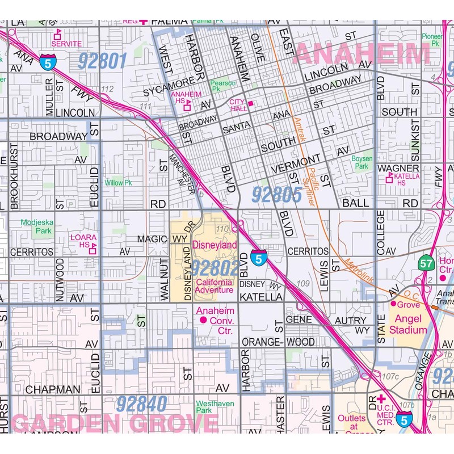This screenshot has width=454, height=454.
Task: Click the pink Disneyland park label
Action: pos(215,245)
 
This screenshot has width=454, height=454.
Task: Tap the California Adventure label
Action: pos(214,286)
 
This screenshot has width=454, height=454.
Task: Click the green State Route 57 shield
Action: pos(427,263)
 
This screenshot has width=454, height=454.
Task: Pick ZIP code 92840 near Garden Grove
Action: pos(142,404)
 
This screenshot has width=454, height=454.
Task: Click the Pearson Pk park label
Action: pos(223,86)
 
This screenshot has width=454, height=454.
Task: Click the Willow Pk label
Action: pos(118,183)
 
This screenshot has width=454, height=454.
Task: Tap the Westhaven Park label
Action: pos(215,406)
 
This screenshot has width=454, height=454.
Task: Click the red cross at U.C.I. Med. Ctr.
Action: pos(381,398)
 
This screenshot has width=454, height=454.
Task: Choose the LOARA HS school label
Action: pos(81,241)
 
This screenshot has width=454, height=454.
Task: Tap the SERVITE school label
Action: pos(66,43)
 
